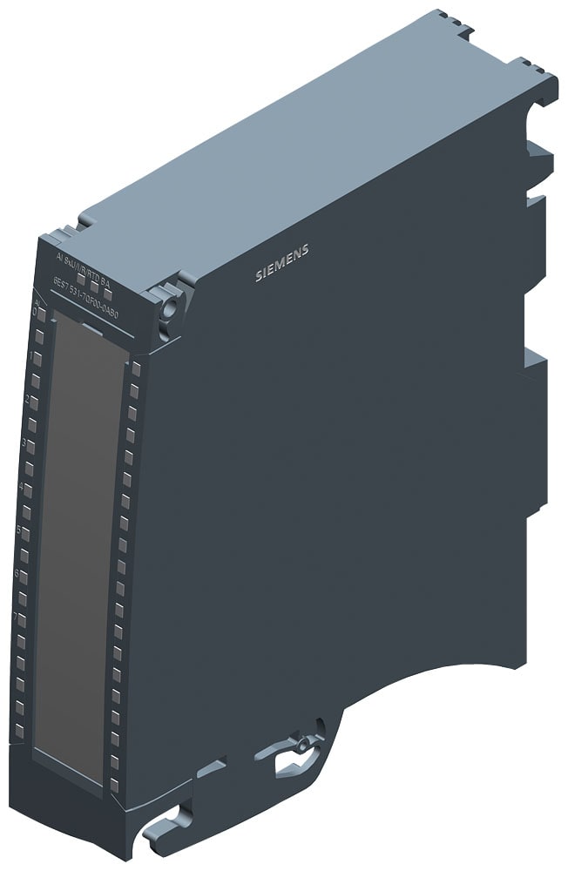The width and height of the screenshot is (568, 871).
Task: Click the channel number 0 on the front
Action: pyautogui.click(x=36, y=312)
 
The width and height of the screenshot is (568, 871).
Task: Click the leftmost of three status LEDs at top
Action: pyautogui.click(x=79, y=279)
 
